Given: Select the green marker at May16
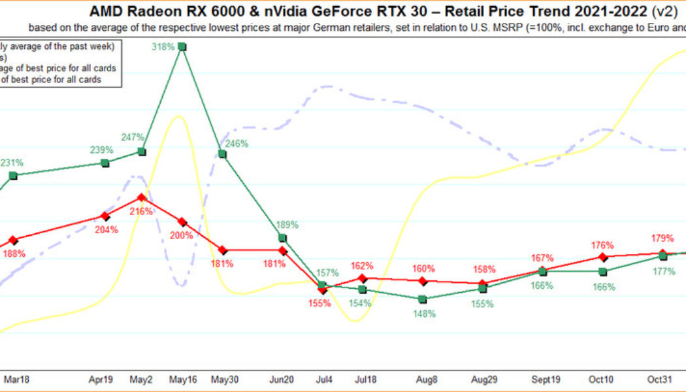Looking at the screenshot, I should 182,46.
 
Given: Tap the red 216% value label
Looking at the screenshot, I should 142,212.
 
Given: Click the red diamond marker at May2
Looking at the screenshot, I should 142,197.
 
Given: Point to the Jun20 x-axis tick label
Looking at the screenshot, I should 282,378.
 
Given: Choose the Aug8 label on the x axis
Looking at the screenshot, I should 422,378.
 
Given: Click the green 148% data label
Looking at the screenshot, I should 422,313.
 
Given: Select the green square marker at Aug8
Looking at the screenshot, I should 422,299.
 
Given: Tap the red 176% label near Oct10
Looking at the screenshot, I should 602,245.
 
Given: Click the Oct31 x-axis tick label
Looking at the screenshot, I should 661,378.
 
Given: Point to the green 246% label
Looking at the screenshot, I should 237,144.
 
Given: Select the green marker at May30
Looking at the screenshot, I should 222,154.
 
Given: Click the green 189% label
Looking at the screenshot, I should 287,225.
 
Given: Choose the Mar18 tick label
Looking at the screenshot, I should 16,378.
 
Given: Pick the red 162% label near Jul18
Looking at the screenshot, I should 362,266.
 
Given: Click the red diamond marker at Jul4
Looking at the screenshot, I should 322,289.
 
